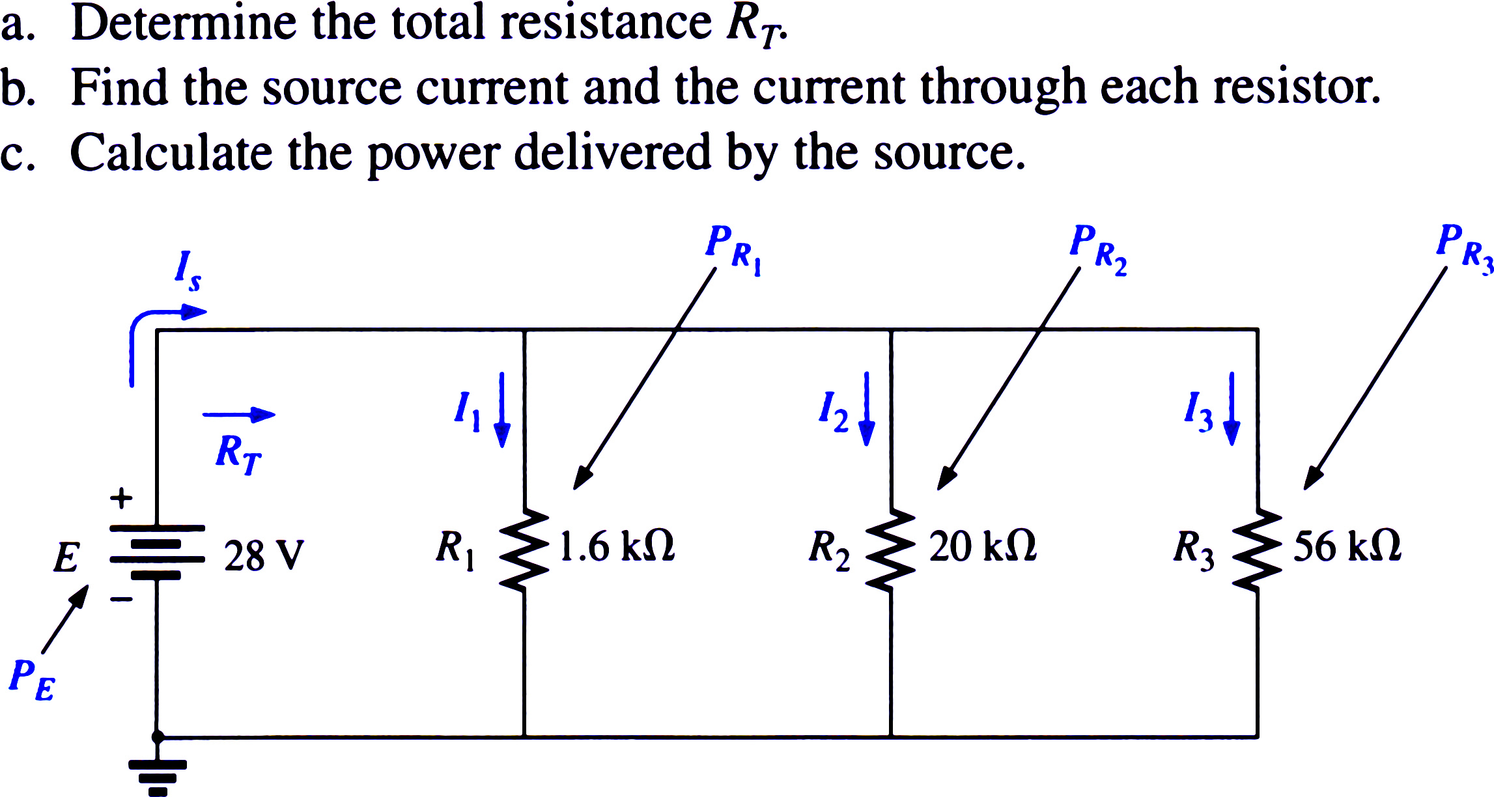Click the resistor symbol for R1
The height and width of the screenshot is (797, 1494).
coord(524,550)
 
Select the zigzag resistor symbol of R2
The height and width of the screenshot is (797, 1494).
coord(890,550)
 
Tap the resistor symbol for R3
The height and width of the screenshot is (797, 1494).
coord(1257,550)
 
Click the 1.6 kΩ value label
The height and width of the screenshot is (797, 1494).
coord(617,546)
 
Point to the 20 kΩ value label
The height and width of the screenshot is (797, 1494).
coord(982,546)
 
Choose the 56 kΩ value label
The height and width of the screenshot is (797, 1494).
coord(1347,546)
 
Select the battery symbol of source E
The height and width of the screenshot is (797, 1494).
coord(157,552)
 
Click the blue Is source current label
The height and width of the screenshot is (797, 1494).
coord(188,270)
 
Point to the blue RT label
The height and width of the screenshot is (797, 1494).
coord(238,454)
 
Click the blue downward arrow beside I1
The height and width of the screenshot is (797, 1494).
coord(502,410)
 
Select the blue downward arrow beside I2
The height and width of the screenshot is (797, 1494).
coord(867,409)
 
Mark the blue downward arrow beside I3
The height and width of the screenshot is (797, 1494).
coord(1232,409)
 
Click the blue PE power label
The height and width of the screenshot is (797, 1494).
coord(33,680)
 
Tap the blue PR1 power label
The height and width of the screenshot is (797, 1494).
coord(734,250)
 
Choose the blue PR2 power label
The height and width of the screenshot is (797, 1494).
coord(1098,250)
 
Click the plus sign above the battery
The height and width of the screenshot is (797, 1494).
coord(121,499)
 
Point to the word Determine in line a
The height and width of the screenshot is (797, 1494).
coord(184,23)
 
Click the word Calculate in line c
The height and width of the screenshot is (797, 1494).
coord(171,153)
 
